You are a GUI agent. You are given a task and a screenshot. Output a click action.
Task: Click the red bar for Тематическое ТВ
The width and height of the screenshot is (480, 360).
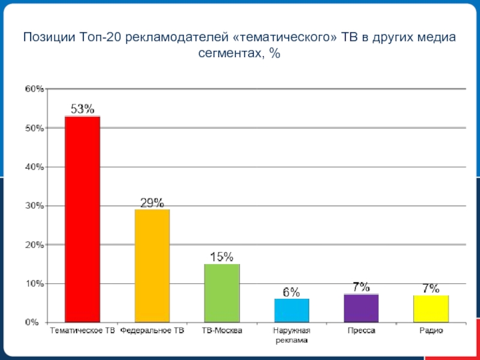(x=82, y=219)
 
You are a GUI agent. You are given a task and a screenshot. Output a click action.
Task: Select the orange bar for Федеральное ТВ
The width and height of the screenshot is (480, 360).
(x=152, y=265)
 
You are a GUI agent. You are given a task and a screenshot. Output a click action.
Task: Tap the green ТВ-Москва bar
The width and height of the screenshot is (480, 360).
(x=221, y=293)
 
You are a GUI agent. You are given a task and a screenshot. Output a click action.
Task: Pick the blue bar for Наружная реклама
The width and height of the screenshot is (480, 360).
(x=292, y=310)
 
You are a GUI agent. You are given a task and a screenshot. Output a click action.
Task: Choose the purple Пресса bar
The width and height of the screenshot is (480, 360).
(x=361, y=308)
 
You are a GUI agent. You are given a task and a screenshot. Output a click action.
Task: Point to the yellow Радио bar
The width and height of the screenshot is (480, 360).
(x=431, y=308)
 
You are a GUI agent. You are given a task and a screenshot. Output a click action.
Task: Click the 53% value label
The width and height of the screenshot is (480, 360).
(x=82, y=109)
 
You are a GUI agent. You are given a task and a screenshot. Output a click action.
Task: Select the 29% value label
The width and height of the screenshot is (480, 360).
(x=152, y=203)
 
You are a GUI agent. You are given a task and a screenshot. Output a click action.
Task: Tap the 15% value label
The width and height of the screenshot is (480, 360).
(x=221, y=257)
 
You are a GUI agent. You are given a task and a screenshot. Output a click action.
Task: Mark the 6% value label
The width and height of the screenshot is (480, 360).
(x=292, y=292)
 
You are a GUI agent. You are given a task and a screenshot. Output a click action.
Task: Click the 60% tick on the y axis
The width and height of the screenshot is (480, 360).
(x=34, y=89)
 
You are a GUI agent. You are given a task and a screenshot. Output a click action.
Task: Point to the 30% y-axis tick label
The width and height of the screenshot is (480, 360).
(x=34, y=206)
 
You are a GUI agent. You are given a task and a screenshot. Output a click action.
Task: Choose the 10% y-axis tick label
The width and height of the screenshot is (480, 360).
(x=34, y=283)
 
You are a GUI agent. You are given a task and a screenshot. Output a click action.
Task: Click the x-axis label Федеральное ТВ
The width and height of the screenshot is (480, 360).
(x=152, y=331)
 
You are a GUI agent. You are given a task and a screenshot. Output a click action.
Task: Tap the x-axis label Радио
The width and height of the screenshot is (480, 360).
(x=431, y=331)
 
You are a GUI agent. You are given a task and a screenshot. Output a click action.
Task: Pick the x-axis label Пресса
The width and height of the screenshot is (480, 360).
(x=361, y=331)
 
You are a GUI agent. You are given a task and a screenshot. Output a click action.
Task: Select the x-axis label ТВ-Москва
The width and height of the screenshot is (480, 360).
(x=221, y=331)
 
